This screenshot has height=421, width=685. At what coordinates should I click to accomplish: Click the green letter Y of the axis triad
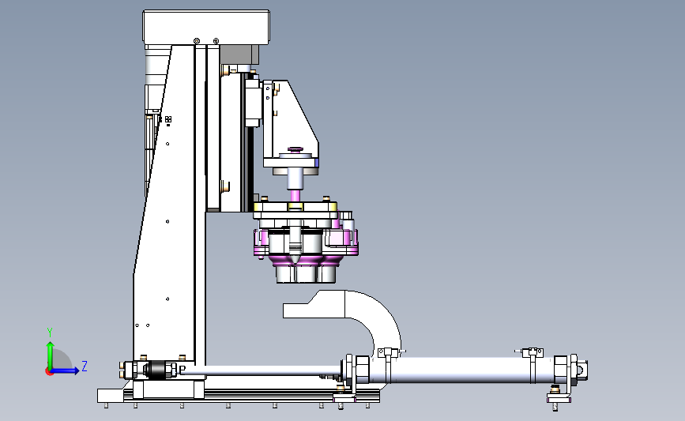50,333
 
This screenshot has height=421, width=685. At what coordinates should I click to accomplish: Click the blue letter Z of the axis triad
85,366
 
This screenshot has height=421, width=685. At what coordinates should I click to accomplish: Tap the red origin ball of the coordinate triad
49,371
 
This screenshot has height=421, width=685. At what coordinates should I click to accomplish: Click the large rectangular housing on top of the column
206,27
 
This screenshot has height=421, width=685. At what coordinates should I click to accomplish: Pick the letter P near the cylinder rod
183,370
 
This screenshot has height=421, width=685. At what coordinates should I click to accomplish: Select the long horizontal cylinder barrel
459,370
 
